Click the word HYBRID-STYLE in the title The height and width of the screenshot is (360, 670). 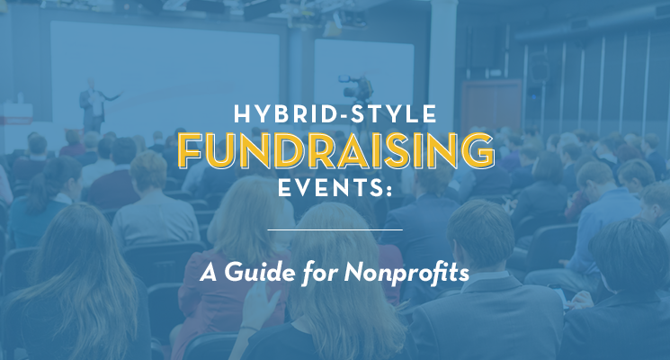click(335, 114)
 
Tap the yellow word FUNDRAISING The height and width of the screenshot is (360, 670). click(335, 150)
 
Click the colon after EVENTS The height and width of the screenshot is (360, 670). click(389, 190)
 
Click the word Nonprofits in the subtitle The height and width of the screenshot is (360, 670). click(406, 273)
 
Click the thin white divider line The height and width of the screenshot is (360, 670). click(335, 230)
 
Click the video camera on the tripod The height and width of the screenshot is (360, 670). click(358, 87)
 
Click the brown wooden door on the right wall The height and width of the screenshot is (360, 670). click(491, 104)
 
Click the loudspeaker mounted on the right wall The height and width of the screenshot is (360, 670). click(540, 67)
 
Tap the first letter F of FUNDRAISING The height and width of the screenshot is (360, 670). click(189, 151)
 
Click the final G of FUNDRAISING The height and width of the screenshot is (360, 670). click(478, 150)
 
